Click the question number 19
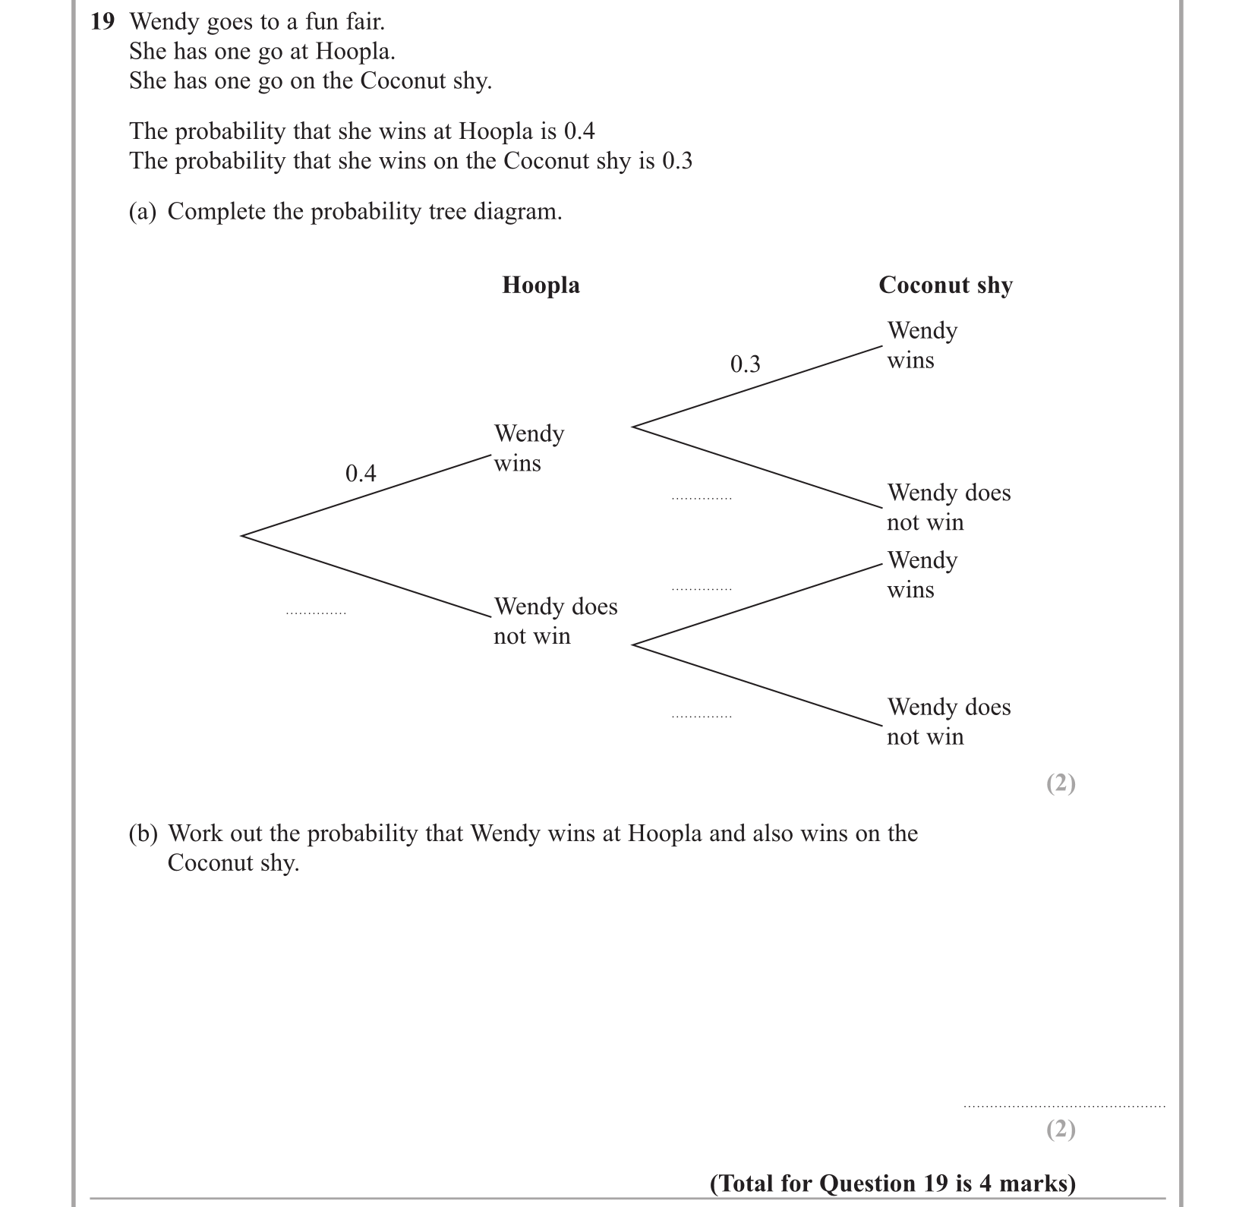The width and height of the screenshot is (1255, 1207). pos(102,22)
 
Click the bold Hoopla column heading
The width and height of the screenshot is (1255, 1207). pos(541,285)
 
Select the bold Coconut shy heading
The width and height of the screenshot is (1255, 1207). pos(945,285)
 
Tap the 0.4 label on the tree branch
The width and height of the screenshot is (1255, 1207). pos(361,474)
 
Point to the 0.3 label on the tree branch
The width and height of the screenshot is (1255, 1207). pos(745,365)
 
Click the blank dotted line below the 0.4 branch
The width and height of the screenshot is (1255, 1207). pos(316,612)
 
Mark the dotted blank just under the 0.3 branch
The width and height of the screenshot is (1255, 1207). pos(702,498)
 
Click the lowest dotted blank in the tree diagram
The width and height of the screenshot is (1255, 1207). pos(702,716)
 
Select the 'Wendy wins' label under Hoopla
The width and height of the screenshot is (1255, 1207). pos(529,448)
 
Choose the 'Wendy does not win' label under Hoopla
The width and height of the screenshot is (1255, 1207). pos(555,621)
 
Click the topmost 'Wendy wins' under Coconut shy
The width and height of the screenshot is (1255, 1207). pos(922,345)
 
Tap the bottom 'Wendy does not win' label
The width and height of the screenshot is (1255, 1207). pos(948,722)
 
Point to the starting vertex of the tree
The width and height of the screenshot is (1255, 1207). pos(242,535)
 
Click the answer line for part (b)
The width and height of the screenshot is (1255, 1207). pos(1063,1105)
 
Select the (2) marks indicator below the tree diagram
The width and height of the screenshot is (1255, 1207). pos(1061,783)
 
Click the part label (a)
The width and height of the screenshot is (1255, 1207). pos(143,212)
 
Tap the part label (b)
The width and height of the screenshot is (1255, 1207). pos(143,834)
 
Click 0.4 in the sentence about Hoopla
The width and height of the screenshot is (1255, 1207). pos(579,132)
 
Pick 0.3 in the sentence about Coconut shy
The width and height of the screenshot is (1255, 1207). pos(676,162)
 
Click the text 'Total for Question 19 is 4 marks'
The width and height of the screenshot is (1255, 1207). pos(892,1183)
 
